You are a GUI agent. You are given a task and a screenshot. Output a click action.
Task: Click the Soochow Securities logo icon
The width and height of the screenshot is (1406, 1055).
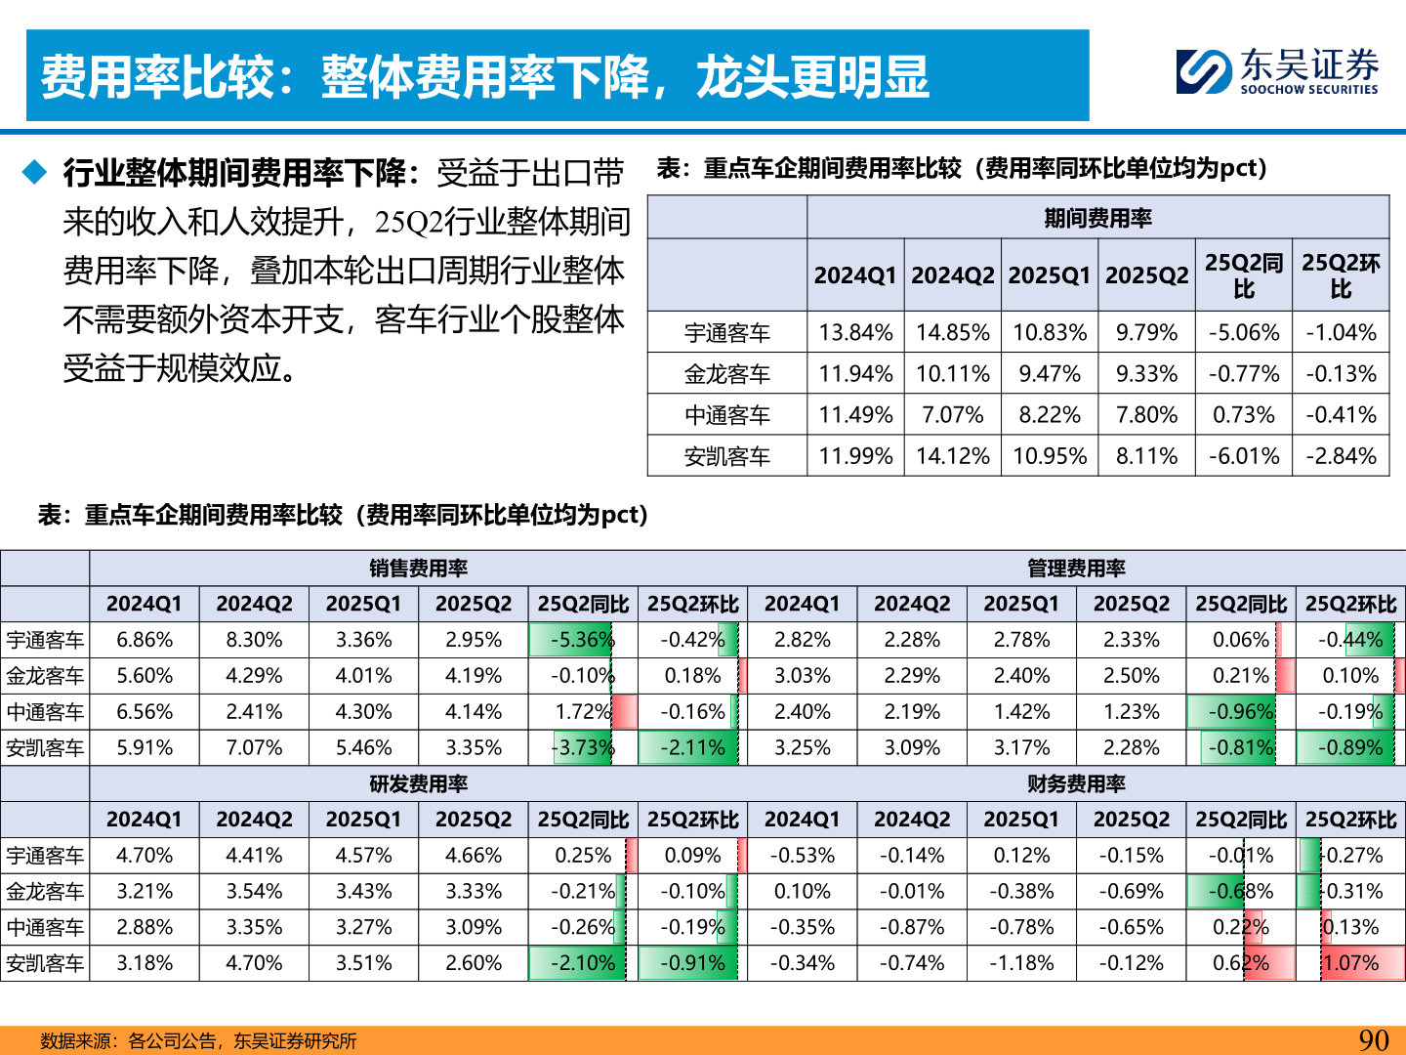click(1203, 72)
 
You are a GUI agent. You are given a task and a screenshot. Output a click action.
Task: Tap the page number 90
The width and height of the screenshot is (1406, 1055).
click(1374, 1039)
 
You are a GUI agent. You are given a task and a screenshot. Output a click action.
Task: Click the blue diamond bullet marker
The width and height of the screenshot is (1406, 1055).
click(35, 173)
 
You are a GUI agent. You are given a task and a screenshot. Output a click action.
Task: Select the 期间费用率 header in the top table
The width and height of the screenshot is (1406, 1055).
click(1097, 218)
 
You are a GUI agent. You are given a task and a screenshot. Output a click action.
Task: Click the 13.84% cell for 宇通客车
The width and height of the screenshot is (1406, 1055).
click(855, 333)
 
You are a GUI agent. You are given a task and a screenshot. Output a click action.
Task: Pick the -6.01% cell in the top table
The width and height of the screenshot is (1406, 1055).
click(1243, 456)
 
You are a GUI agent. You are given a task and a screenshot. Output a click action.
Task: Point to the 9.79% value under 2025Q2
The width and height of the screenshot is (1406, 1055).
click(1146, 333)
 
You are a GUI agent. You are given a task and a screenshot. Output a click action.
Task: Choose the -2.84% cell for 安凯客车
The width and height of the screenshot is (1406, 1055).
click(1341, 456)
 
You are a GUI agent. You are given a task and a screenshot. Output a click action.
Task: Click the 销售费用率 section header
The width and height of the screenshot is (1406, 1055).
click(418, 569)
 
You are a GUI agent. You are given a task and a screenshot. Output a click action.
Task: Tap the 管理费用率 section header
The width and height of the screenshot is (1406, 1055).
click(1076, 569)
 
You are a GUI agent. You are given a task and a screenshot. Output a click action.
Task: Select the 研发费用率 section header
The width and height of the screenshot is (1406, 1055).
click(418, 784)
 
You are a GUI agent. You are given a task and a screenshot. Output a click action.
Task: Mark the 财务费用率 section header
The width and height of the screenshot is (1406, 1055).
click(1076, 784)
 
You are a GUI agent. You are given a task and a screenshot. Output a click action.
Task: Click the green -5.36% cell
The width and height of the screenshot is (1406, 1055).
click(582, 640)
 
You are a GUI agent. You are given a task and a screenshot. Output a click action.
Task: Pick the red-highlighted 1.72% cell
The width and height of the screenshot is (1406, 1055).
click(583, 712)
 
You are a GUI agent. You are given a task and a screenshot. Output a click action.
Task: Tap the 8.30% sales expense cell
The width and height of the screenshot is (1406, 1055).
click(254, 640)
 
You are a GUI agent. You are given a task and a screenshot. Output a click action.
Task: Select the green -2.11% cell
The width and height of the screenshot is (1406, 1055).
click(692, 748)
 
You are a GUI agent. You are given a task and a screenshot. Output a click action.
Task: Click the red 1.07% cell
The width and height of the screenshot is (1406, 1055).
click(1351, 963)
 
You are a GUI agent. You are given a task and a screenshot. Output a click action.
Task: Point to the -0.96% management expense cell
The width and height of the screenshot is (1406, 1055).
click(1241, 712)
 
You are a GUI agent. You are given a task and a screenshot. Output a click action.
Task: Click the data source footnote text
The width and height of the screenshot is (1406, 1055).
click(198, 1041)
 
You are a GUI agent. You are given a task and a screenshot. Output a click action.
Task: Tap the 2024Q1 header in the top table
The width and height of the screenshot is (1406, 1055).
click(855, 275)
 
